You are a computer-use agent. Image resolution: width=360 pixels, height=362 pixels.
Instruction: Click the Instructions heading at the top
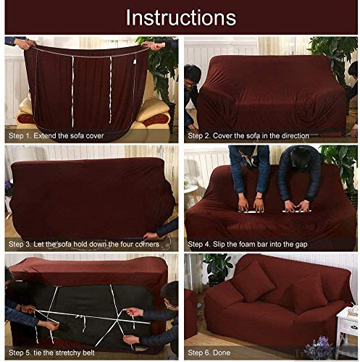coord(180,18)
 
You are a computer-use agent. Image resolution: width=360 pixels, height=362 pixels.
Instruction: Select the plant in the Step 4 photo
coord(340,167)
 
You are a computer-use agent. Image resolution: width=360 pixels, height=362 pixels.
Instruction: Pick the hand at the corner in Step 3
coord(151,235)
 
